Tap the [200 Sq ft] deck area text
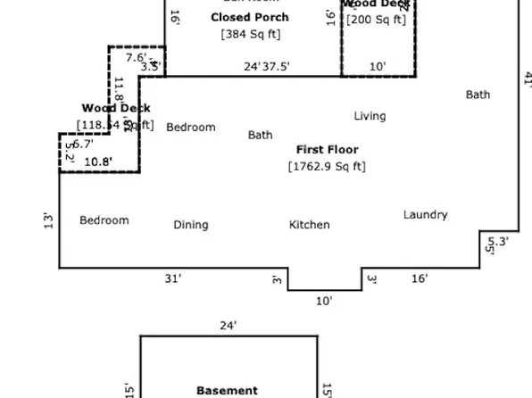[x=376, y=20]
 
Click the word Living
[x=370, y=116]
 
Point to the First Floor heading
[x=327, y=150]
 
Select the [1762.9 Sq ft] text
[x=327, y=166]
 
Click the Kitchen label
[x=309, y=225]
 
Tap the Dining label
[x=191, y=225]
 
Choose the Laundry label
[x=425, y=215]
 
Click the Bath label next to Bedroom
[x=260, y=136]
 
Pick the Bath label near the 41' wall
[x=478, y=95]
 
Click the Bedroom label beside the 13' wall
[x=104, y=220]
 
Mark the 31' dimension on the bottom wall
[x=173, y=279]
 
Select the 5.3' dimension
[x=497, y=241]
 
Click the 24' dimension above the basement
[x=229, y=326]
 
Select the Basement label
[x=227, y=391]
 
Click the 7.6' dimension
[x=136, y=58]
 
